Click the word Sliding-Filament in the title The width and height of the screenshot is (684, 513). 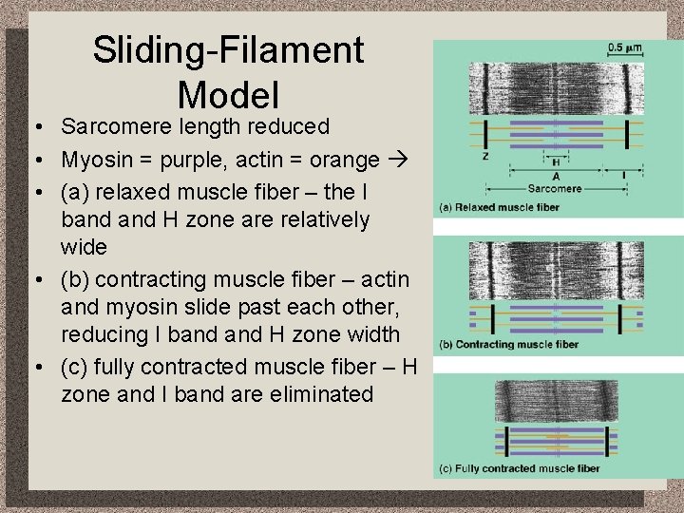[228, 49]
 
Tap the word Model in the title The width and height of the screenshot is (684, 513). [228, 94]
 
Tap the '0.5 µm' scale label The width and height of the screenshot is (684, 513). [624, 47]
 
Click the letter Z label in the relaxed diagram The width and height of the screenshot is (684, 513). [485, 156]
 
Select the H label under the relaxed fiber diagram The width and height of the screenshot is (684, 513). [556, 161]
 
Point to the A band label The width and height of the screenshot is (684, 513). [556, 176]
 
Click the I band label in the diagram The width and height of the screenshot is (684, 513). [623, 175]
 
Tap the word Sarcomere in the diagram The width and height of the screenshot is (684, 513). [556, 189]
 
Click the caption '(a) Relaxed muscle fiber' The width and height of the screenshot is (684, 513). [499, 207]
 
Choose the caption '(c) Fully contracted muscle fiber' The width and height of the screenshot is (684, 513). [519, 467]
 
